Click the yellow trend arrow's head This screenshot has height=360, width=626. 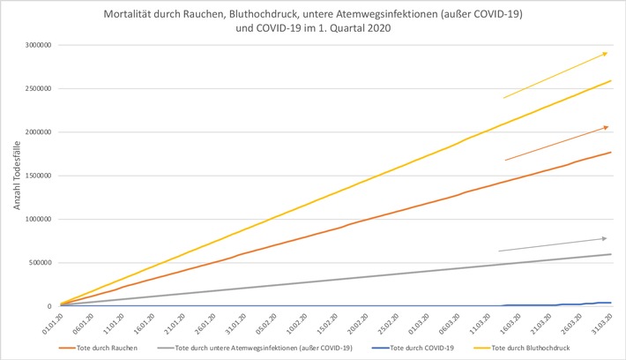click(607, 53)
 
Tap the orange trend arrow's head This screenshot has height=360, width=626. click(607, 127)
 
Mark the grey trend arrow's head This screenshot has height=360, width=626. click(606, 238)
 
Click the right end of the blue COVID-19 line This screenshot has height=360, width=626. click(611, 303)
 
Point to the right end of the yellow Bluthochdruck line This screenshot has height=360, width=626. click(611, 81)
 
